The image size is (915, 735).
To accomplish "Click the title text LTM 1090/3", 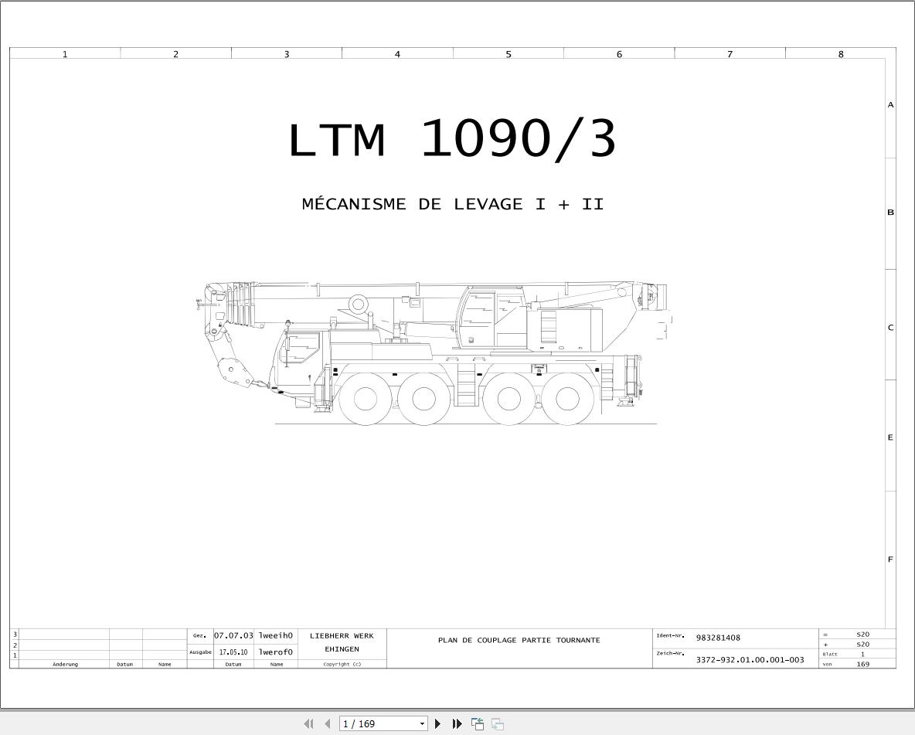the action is (452, 139).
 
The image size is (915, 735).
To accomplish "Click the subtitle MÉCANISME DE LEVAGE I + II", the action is (453, 204).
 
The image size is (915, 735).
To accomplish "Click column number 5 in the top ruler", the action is (509, 54).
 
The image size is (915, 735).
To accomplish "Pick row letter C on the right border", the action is (890, 328).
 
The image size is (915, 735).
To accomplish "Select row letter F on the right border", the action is (890, 560).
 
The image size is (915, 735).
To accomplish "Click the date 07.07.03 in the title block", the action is (233, 635).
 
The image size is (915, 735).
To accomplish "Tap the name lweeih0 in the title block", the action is (276, 635).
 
